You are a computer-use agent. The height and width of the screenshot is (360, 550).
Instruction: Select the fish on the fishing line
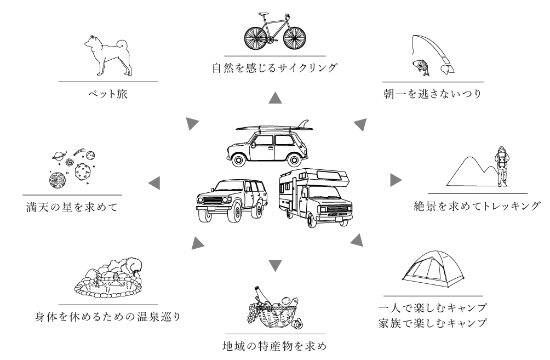421,67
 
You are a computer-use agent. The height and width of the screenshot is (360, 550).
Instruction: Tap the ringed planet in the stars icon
58,156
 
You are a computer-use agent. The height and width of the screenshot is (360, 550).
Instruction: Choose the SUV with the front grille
232,201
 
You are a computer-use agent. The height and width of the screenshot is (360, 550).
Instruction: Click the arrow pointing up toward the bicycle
276,98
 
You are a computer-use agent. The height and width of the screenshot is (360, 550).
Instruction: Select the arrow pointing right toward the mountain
396,180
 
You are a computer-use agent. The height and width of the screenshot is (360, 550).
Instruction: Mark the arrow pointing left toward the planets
154,183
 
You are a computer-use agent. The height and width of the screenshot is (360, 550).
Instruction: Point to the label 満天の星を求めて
72,207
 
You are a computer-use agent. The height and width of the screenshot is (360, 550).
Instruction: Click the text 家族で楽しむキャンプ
433,323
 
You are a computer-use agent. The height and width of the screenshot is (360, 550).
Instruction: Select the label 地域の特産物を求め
275,346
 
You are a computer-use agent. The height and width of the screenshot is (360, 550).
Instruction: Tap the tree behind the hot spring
134,265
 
